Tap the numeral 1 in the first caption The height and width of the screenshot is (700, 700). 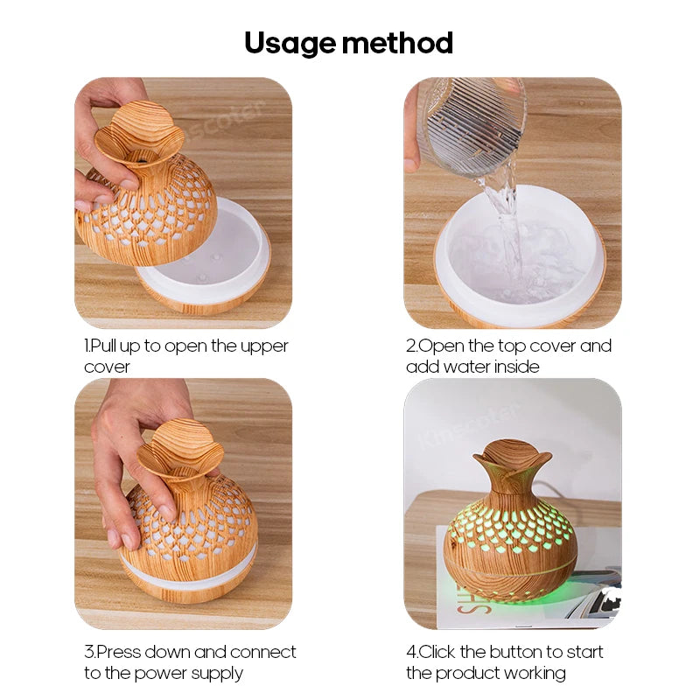point(87,346)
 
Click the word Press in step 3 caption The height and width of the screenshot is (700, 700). point(117,652)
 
